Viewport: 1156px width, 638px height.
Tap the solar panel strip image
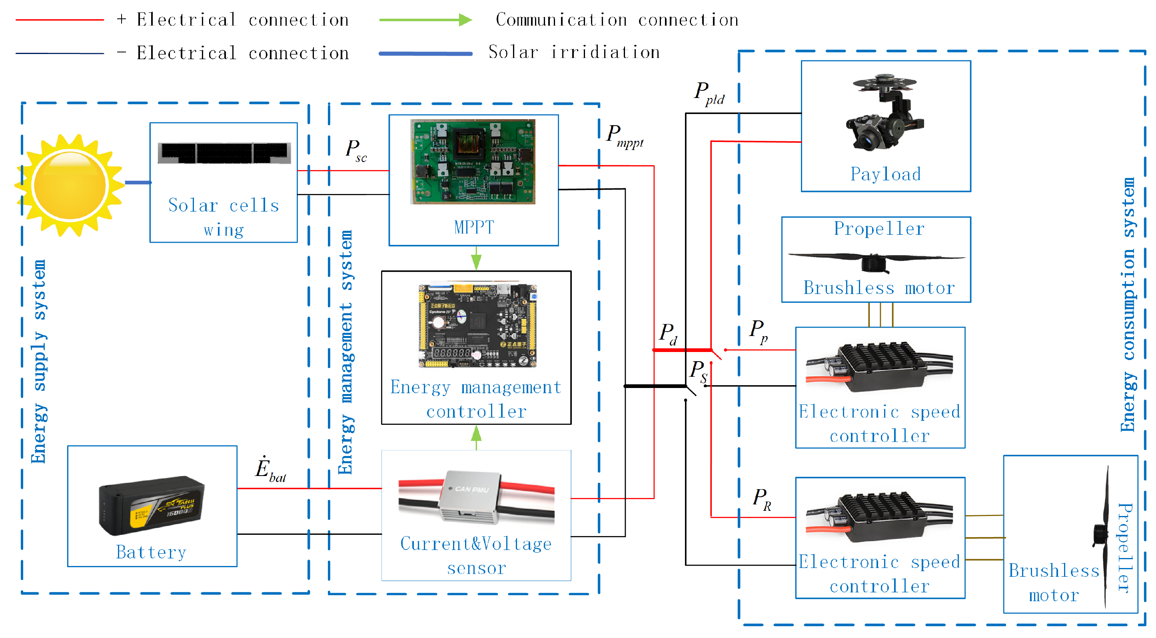click(x=224, y=153)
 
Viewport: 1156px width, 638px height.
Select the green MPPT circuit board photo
click(x=473, y=162)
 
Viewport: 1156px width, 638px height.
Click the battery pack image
click(x=152, y=505)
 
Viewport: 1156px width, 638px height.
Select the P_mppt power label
click(x=624, y=136)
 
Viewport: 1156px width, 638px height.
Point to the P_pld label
click(x=709, y=93)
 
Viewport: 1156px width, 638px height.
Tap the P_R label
click(x=762, y=499)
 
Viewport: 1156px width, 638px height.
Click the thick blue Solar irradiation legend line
click(x=425, y=54)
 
